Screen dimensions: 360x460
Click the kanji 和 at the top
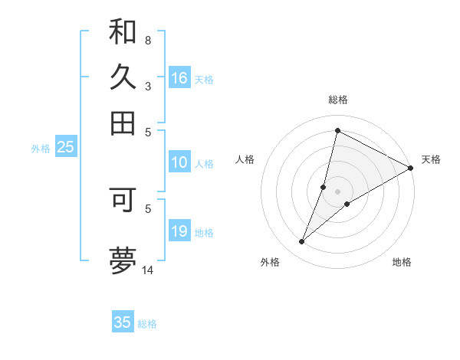(x=123, y=32)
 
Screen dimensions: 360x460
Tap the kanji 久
(x=123, y=77)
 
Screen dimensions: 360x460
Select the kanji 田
(x=123, y=123)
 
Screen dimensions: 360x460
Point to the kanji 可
(x=123, y=198)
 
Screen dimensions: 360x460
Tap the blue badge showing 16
(x=179, y=78)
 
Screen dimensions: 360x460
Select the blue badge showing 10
(x=179, y=162)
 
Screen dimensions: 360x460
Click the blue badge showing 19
(x=179, y=232)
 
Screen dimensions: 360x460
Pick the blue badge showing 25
(x=65, y=148)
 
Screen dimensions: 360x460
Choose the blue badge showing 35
(x=123, y=322)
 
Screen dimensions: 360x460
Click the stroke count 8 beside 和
(x=147, y=40)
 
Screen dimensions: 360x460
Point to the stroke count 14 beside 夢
(x=148, y=270)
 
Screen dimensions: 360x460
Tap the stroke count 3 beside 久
(x=147, y=86)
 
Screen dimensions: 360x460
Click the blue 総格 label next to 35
(x=147, y=324)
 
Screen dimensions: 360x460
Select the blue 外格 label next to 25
(x=41, y=149)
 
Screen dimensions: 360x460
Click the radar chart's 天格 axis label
(x=431, y=159)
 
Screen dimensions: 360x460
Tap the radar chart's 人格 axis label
(x=245, y=159)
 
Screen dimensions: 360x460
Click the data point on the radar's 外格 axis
(x=302, y=242)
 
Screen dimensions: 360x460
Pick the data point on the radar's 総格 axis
(x=337, y=130)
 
